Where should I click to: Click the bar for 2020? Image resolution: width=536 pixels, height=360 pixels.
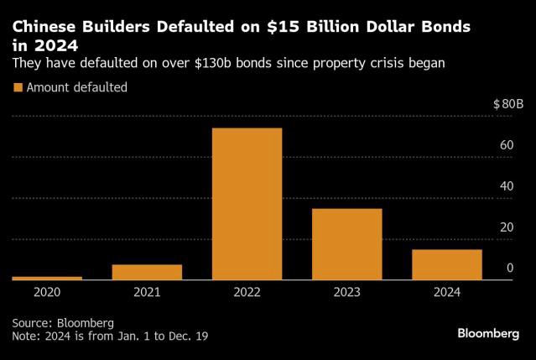47,278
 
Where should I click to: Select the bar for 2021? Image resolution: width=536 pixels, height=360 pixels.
147,272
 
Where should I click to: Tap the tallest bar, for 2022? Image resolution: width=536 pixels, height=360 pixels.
247,204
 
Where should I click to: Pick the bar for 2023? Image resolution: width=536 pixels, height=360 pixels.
347,243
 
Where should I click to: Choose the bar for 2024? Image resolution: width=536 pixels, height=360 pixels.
447,264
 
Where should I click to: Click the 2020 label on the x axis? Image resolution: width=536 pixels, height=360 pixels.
47,292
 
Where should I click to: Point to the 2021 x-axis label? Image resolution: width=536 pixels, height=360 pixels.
147,292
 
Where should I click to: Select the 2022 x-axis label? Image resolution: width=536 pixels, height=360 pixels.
247,292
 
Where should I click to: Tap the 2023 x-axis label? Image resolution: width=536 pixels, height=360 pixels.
347,292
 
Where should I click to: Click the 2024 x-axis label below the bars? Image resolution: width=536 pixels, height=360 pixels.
447,292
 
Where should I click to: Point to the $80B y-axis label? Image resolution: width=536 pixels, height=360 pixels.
508,104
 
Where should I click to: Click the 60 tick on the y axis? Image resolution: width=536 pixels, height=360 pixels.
506,146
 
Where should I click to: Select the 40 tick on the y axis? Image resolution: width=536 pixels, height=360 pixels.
506,186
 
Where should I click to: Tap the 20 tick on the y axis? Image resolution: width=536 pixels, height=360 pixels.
506,227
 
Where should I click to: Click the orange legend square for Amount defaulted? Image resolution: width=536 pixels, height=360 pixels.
18,87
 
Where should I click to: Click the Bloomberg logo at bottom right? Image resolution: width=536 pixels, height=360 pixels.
488,333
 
